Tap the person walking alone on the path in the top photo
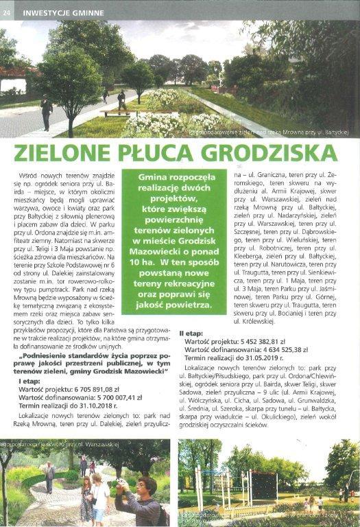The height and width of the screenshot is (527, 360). (47, 110)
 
